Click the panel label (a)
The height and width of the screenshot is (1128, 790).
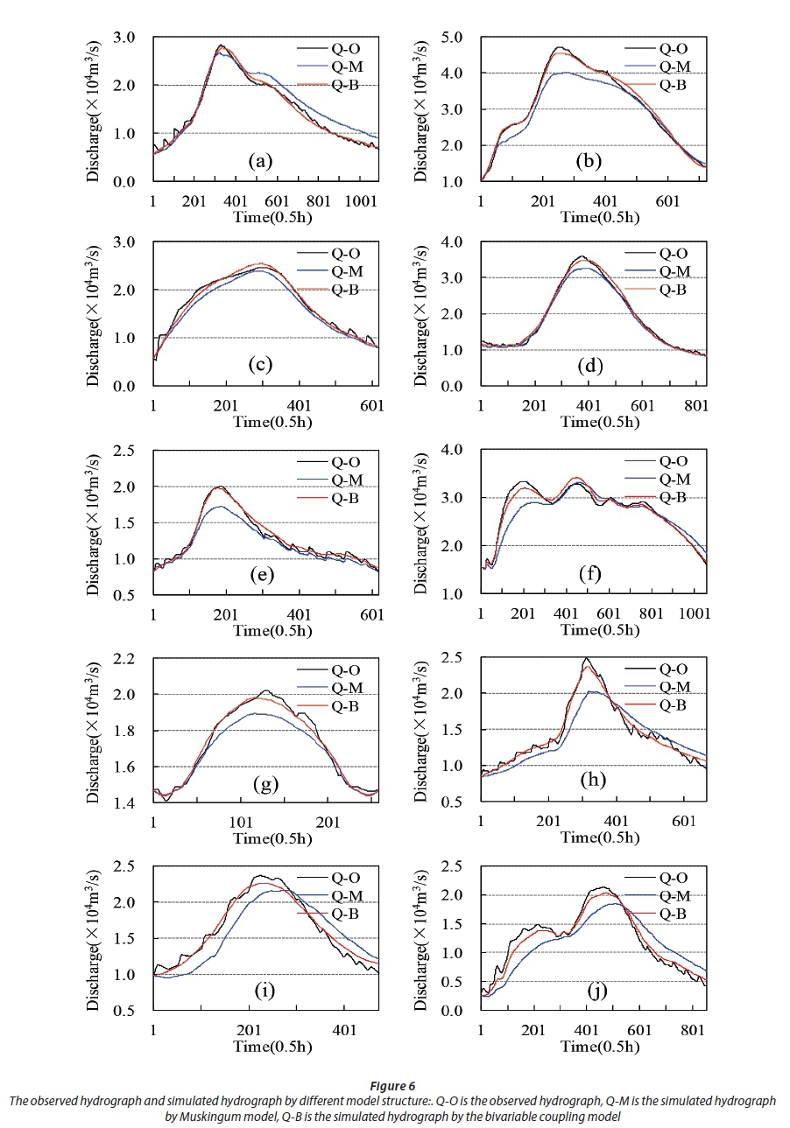[x=257, y=161]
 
